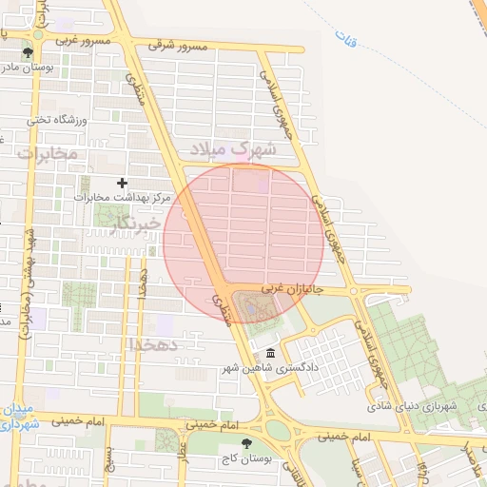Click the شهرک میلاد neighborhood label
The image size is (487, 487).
click(x=233, y=149)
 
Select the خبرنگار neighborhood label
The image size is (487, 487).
click(x=131, y=224)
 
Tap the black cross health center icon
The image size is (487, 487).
click(x=121, y=183)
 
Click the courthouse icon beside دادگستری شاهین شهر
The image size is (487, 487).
click(x=271, y=354)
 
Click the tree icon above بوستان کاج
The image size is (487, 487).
click(x=248, y=443)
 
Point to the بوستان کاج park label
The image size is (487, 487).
click(x=249, y=458)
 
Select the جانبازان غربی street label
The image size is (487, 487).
click(x=288, y=285)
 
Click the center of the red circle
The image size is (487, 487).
click(x=243, y=243)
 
